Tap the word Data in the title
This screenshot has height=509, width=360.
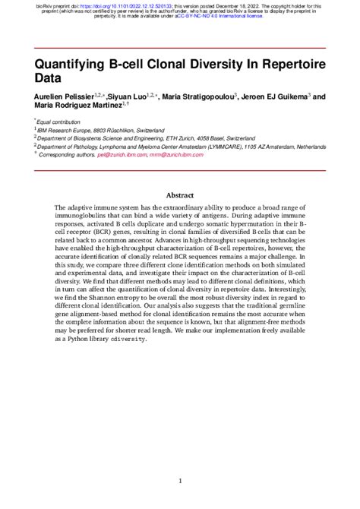click(48, 77)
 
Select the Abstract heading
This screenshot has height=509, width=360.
click(180, 195)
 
